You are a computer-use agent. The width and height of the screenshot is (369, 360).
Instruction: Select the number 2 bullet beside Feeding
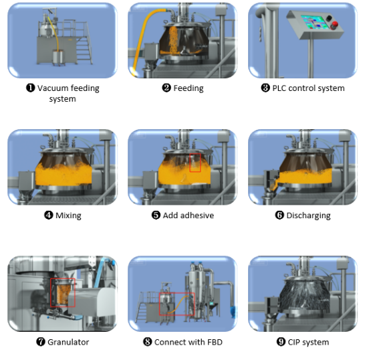(166, 88)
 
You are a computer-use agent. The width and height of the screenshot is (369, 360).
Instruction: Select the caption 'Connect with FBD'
(188, 342)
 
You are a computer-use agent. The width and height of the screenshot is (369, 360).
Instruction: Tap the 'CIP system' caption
(307, 342)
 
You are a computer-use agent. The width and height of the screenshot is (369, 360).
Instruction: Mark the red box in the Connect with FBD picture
(176, 302)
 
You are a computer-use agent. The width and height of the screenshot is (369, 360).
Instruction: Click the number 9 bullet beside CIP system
(281, 342)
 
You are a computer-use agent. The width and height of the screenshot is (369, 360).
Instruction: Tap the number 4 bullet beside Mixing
(48, 215)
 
